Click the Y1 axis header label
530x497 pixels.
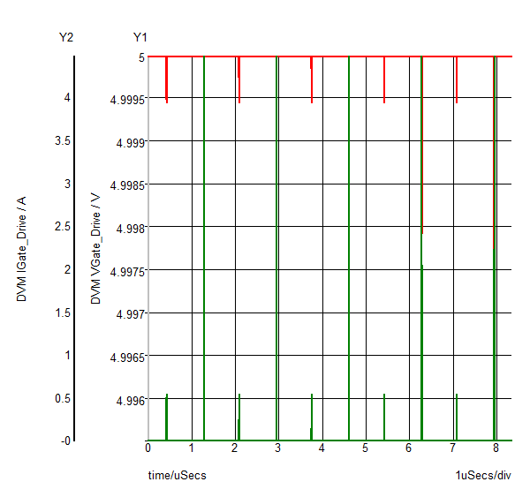[140, 37]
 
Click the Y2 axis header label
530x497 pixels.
[66, 37]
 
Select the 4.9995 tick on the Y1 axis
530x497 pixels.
[127, 99]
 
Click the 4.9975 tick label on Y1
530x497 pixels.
[127, 271]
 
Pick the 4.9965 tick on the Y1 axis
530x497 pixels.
[127, 357]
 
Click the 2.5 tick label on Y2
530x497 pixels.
[63, 228]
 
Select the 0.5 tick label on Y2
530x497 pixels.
[63, 399]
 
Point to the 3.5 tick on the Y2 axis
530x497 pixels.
[63, 141]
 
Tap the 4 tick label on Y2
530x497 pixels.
[67, 98]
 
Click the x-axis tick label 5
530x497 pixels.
[366, 448]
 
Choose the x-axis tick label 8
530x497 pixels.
[496, 448]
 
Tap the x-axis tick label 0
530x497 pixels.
[148, 448]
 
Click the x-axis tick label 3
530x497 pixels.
[278, 448]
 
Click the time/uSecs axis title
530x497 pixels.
[177, 476]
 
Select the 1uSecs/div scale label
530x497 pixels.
[483, 476]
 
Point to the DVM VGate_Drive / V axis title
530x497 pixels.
[95, 249]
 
